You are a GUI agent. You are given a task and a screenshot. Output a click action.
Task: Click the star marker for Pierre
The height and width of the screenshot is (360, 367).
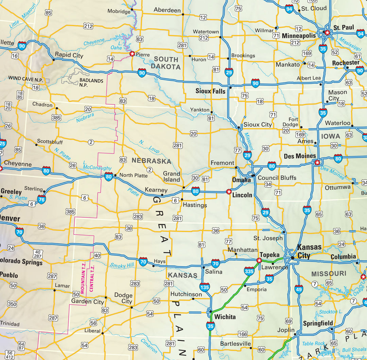coord(132,54)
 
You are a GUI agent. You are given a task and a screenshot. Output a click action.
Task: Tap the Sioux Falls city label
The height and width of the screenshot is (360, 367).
coord(210,91)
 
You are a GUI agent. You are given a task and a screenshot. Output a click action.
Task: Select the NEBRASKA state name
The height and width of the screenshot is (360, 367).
coord(151,161)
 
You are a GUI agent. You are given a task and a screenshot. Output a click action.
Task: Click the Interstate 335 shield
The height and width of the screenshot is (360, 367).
coord(249,271)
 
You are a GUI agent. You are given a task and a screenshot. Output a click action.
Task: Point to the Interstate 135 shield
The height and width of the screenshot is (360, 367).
coord(205,287)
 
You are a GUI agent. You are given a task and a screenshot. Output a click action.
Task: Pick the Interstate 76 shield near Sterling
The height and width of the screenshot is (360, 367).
coord(42,199)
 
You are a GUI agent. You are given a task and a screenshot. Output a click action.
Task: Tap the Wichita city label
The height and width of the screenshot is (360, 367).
coord(225,317)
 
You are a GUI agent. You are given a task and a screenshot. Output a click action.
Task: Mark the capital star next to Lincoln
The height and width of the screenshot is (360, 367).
coord(229,192)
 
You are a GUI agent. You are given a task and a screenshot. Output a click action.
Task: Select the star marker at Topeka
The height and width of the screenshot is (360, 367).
coord(259,261)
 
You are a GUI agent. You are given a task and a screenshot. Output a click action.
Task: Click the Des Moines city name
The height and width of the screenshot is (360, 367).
coord(300,156)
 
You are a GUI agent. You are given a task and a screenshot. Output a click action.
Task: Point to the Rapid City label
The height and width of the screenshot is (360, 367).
coord(69,55)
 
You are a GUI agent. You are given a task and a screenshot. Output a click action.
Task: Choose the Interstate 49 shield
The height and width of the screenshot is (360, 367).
coord(299,289)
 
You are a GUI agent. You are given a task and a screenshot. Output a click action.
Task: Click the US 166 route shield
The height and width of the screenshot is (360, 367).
coord(243,334)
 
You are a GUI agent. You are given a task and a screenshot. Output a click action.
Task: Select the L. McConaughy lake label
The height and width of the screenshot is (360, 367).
coord(97,166)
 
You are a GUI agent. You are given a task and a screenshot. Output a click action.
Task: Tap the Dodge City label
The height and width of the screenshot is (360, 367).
coord(123,298)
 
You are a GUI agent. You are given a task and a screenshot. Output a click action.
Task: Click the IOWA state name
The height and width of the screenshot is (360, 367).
coord(330,136)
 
